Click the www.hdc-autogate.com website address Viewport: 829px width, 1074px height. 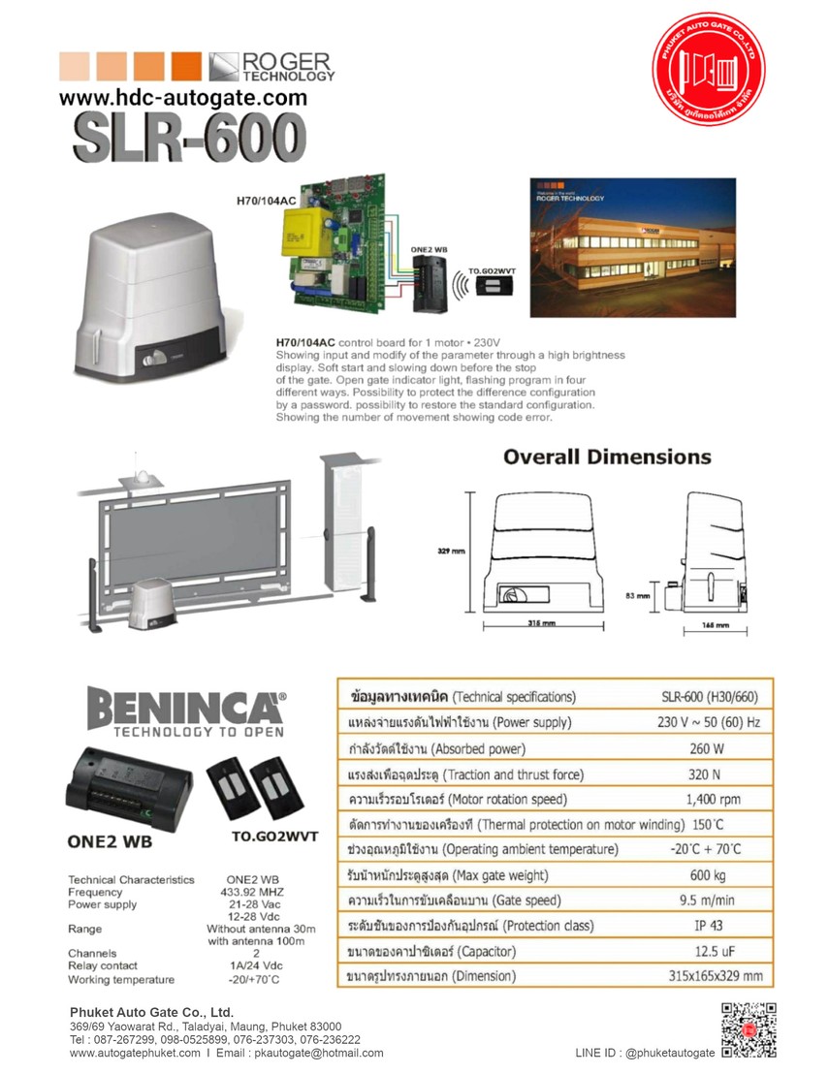click(x=183, y=98)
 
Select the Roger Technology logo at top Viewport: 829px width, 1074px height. click(x=271, y=66)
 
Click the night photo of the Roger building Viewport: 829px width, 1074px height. click(x=632, y=247)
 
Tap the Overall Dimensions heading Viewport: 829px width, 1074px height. click(x=607, y=457)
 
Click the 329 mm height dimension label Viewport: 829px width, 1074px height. click(x=451, y=550)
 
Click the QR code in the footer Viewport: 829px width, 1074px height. click(x=749, y=1029)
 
